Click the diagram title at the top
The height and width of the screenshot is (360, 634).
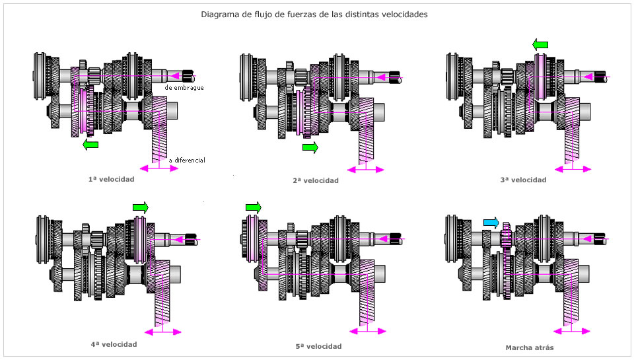point(314,14)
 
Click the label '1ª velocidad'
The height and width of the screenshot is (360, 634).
point(111,179)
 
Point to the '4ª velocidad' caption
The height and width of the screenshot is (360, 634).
point(114,344)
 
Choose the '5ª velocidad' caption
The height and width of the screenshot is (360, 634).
point(319,346)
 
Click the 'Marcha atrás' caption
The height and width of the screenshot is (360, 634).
point(530,347)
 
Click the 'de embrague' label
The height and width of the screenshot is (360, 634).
point(184,87)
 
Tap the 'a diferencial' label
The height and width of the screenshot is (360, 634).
point(187,160)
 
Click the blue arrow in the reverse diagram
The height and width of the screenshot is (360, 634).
point(491,223)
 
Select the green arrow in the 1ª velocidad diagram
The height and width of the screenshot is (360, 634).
point(90,144)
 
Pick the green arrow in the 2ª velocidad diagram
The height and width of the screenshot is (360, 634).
point(310,147)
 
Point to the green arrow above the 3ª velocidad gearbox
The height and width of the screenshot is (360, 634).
point(540,45)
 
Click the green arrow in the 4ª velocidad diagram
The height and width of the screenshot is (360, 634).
point(140,207)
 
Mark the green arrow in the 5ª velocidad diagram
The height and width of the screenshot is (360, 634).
point(254,207)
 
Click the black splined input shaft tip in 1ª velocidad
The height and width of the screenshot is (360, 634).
point(190,76)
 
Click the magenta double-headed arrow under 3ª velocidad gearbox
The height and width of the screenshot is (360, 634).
point(572,168)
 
